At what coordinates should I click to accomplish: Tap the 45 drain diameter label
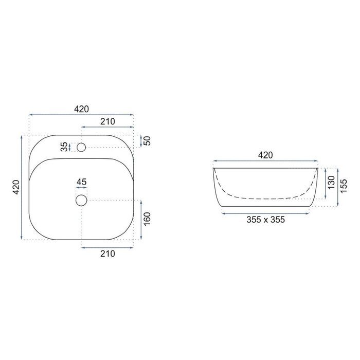point(81,182)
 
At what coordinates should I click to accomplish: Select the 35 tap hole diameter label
point(65,147)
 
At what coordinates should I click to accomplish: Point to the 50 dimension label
point(148,141)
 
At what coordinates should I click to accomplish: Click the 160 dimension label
point(147,219)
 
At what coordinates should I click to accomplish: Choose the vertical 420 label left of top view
point(16,187)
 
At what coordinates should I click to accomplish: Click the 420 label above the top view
point(81,109)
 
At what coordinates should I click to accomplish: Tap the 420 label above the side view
point(265,155)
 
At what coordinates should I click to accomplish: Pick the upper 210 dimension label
point(107,121)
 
